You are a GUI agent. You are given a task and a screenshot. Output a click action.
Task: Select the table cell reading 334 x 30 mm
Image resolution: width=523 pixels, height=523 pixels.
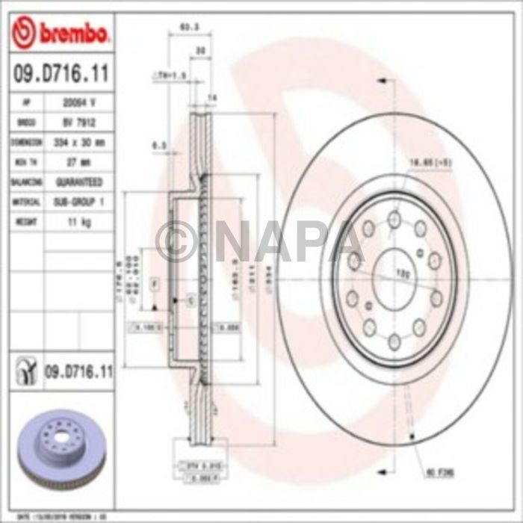[x=78, y=142]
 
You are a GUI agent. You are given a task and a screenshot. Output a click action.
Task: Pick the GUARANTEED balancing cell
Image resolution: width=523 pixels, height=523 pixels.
[x=78, y=182]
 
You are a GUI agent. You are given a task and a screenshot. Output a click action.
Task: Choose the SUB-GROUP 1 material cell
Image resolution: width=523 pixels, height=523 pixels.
[x=78, y=202]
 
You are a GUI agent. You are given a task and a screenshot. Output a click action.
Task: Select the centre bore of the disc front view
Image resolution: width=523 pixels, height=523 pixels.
[x=394, y=275]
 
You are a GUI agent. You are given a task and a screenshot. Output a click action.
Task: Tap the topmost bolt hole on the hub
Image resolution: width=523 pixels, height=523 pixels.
[x=394, y=219]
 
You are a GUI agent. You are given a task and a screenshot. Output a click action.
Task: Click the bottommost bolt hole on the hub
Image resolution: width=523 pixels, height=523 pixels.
[x=394, y=331]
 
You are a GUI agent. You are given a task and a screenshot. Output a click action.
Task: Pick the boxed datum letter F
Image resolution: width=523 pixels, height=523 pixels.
[x=155, y=285]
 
